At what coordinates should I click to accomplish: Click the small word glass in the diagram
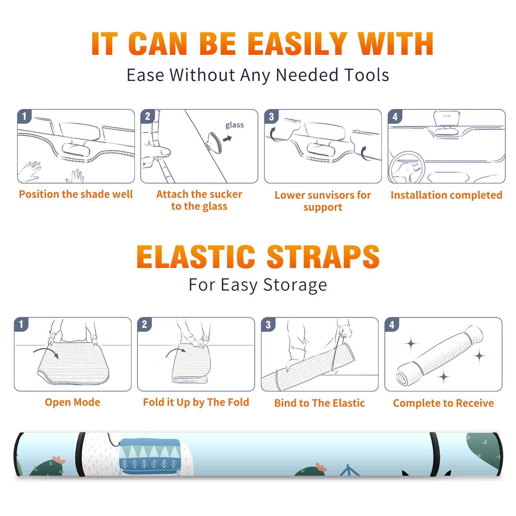click(234, 125)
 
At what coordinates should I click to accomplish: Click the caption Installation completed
click(446, 195)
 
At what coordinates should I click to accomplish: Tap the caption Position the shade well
click(76, 194)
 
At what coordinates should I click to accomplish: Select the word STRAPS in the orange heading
click(323, 257)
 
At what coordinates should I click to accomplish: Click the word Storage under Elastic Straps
click(295, 285)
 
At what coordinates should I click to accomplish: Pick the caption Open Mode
click(73, 402)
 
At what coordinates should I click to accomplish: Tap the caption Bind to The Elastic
click(320, 403)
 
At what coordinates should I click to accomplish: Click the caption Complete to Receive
click(443, 403)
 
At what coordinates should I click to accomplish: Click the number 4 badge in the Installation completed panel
click(395, 116)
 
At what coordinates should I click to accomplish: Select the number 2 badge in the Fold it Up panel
click(144, 324)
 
